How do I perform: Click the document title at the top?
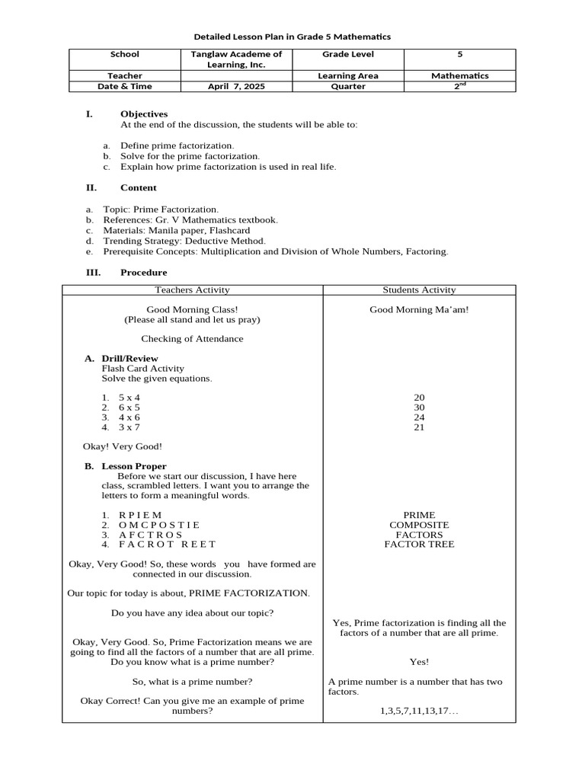(x=292, y=37)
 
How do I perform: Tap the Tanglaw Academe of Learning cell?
(x=235, y=59)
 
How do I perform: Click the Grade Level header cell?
(x=348, y=55)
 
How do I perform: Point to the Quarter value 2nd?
(x=459, y=87)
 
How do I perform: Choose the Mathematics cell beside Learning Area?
(x=459, y=76)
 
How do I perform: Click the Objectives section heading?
(x=143, y=114)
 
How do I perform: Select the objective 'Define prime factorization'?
(x=177, y=145)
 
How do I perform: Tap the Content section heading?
(x=138, y=187)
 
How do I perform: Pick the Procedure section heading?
(x=143, y=273)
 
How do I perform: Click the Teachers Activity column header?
(x=192, y=289)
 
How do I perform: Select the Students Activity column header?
(x=419, y=289)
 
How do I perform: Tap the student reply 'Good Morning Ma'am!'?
(x=419, y=310)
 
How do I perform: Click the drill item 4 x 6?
(x=129, y=417)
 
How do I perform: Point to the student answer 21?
(x=419, y=428)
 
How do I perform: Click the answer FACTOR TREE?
(x=419, y=545)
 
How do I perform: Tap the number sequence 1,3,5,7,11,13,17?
(x=419, y=711)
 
